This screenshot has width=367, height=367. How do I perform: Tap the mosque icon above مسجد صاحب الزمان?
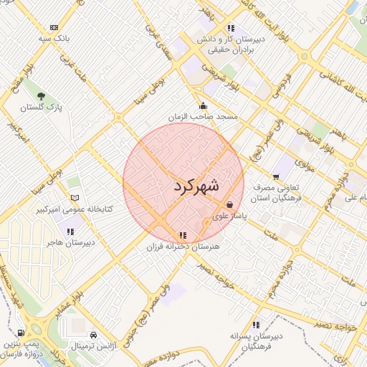click(x=203, y=105)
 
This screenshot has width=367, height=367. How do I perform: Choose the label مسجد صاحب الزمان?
click(x=203, y=115)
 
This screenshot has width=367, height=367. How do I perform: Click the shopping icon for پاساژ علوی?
click(x=229, y=204)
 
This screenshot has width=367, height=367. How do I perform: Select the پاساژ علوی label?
click(x=230, y=215)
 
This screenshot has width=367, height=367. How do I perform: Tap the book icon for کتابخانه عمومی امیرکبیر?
click(x=75, y=199)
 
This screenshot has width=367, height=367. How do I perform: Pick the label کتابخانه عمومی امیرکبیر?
click(x=71, y=210)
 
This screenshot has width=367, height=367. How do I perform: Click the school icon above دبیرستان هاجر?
click(x=70, y=231)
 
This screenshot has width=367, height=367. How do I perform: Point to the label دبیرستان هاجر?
click(x=70, y=242)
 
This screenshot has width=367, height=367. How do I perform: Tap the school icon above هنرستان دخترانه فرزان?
click(x=183, y=234)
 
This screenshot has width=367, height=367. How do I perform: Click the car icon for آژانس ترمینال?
click(x=94, y=335)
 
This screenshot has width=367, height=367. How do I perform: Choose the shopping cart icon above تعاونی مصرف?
click(x=276, y=176)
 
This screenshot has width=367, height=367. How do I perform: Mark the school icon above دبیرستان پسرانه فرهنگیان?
click(x=257, y=325)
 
